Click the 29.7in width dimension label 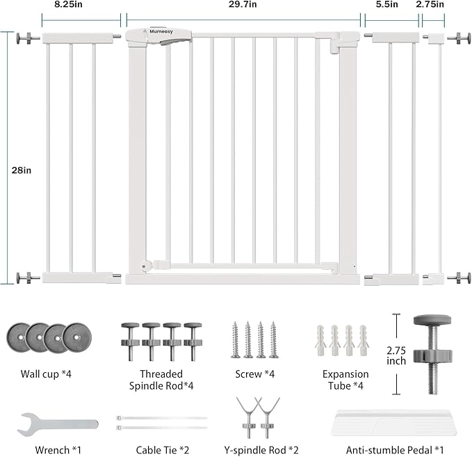pyautogui.click(x=243, y=4)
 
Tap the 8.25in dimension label pyautogui.click(x=68, y=4)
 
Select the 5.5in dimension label pyautogui.click(x=386, y=4)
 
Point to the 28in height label pyautogui.click(x=22, y=170)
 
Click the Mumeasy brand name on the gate pyautogui.click(x=161, y=31)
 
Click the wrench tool pyautogui.click(x=58, y=424)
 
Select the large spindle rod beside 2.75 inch pyautogui.click(x=432, y=354)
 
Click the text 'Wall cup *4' pyautogui.click(x=46, y=374)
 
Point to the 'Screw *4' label pyautogui.click(x=255, y=374)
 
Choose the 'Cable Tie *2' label pyautogui.click(x=163, y=450)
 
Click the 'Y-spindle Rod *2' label pyautogui.click(x=261, y=450)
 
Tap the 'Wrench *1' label pyautogui.click(x=58, y=450)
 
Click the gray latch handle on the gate pyautogui.click(x=175, y=40)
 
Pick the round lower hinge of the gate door pyautogui.click(x=145, y=266)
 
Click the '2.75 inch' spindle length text pyautogui.click(x=396, y=355)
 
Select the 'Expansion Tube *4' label pyautogui.click(x=345, y=380)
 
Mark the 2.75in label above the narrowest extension pyautogui.click(x=430, y=4)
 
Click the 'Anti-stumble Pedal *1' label pyautogui.click(x=395, y=450)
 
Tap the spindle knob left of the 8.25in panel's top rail pyautogui.click(x=29, y=38)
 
